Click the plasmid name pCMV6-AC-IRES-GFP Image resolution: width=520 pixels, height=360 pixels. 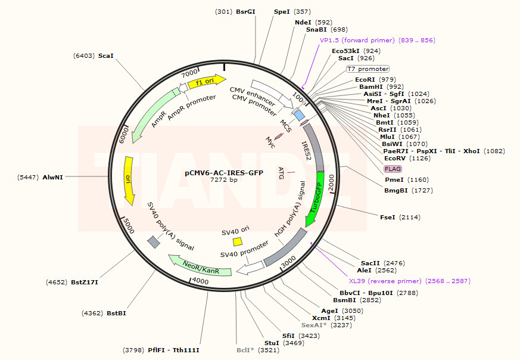coord(223,172)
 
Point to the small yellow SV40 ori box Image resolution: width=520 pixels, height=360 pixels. coord(237,241)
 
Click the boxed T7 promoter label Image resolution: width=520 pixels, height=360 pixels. coord(368,69)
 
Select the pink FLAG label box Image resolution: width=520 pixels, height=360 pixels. coord(393,169)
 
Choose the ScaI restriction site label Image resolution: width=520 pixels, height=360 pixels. coord(105,55)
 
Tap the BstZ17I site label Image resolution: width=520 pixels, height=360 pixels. coord(85,282)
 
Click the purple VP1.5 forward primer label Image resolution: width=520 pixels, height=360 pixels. coord(378,41)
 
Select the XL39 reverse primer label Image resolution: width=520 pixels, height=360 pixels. coord(409,281)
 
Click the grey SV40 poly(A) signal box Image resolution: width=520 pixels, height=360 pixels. coord(154,241)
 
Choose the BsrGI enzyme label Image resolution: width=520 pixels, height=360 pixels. coord(245,11)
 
